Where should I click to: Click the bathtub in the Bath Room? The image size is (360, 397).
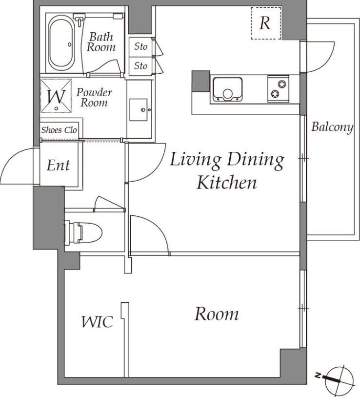point(61,43)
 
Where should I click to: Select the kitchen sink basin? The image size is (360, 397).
point(227,89)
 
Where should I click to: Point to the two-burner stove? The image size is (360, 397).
point(278,89)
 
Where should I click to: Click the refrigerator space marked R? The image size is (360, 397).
point(266,23)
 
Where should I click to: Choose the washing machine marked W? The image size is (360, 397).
point(56,96)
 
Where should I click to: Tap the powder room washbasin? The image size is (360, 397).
point(139,110)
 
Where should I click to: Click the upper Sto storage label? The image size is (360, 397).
point(140,46)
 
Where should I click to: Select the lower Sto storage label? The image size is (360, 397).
point(140,66)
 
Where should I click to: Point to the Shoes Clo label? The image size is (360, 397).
point(59,130)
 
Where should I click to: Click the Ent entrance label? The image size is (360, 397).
point(58,166)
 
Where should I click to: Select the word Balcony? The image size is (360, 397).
point(332,127)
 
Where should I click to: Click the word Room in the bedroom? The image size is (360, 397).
point(217,314)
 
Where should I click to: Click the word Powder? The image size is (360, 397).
point(94,93)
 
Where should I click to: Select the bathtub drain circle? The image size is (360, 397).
point(70,44)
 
